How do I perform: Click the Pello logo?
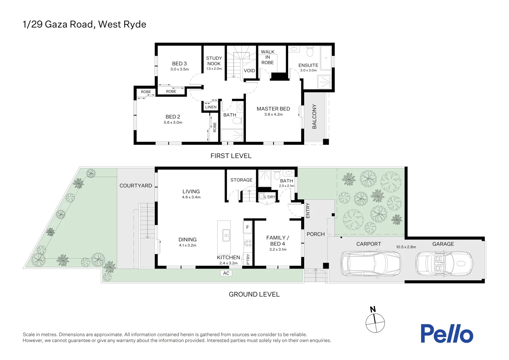[446, 333]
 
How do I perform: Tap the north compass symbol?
[375, 322]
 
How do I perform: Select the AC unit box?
[226, 273]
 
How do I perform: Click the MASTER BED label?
[273, 109]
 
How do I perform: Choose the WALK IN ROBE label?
[267, 57]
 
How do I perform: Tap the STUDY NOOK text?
[214, 61]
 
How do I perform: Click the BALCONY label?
[314, 116]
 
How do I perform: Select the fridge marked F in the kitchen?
[248, 227]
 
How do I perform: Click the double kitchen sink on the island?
[226, 235]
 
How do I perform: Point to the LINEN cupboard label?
[211, 107]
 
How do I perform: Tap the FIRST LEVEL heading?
[231, 156]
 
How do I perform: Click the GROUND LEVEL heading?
[254, 294]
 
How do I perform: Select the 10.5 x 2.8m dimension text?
[406, 247]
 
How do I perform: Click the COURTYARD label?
[136, 186]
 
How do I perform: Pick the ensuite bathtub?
[326, 58]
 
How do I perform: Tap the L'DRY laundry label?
[270, 197]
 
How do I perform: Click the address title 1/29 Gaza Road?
[84, 24]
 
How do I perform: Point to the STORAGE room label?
[241, 180]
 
